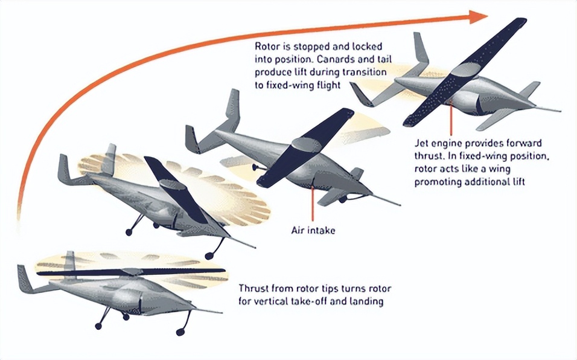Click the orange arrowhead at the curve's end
479,17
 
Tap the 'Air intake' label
313,230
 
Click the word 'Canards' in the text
334,59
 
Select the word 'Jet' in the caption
421,143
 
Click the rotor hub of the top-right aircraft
465,70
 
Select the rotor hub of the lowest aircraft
132,272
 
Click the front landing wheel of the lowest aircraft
180,332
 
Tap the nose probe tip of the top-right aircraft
559,111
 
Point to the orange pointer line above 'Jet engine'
451,117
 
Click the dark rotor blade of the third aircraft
305,147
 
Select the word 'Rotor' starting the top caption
267,47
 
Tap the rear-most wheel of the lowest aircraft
98,326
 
